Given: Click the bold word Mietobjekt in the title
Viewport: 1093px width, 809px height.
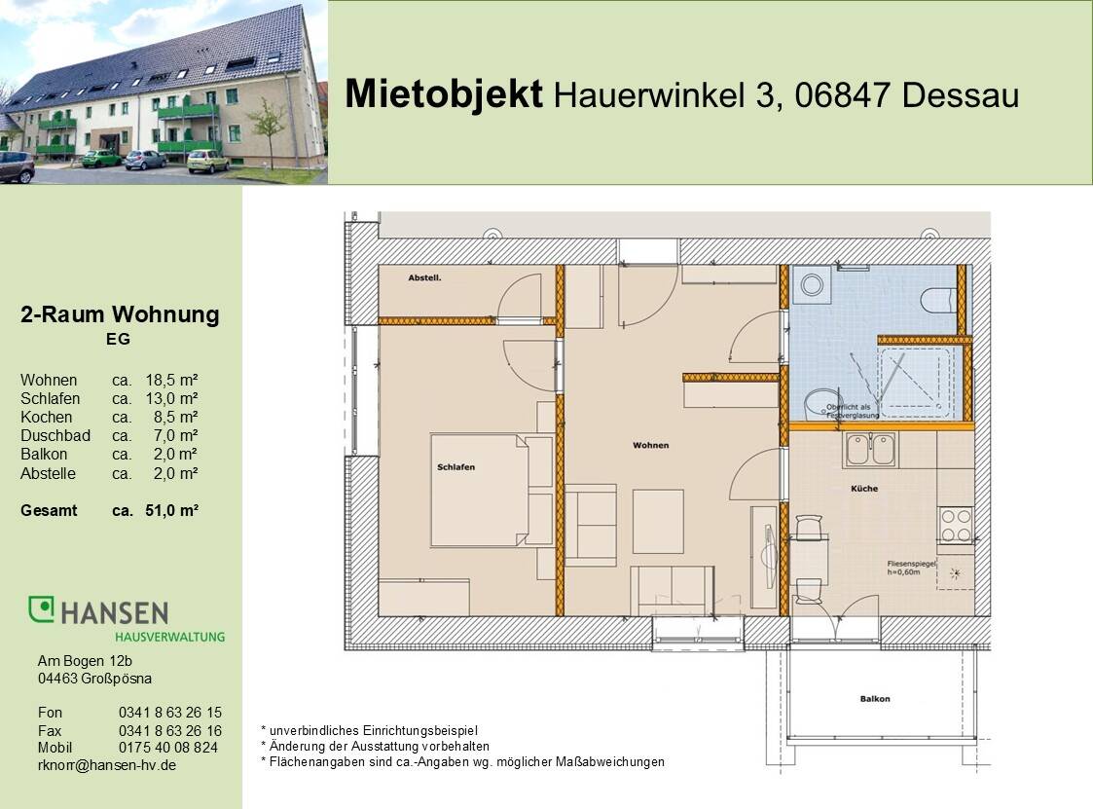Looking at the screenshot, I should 444,94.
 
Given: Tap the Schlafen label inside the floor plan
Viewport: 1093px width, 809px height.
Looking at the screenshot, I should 455,467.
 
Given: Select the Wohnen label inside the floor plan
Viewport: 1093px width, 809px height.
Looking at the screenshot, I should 650,445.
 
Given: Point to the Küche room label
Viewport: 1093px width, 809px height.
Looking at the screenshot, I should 864,489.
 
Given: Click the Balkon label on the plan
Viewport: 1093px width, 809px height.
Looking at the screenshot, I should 874,699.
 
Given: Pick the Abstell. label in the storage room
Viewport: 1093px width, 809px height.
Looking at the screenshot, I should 425,277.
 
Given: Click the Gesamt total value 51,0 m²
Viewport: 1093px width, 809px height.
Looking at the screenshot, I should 171,510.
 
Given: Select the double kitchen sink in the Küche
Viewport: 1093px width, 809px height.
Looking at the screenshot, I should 870,449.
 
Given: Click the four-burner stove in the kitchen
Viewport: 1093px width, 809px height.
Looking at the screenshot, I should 956,526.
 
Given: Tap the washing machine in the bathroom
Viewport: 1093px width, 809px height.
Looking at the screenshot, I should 810,285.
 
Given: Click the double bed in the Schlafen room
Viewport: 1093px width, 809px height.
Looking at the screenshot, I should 492,491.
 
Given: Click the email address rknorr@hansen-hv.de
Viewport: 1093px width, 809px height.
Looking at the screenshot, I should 107,765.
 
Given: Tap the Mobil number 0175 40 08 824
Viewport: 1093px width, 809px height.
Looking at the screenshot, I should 167,748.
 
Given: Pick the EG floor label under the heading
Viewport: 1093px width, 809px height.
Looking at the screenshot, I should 118,340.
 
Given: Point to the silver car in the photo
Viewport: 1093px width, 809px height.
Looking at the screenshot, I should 144,159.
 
